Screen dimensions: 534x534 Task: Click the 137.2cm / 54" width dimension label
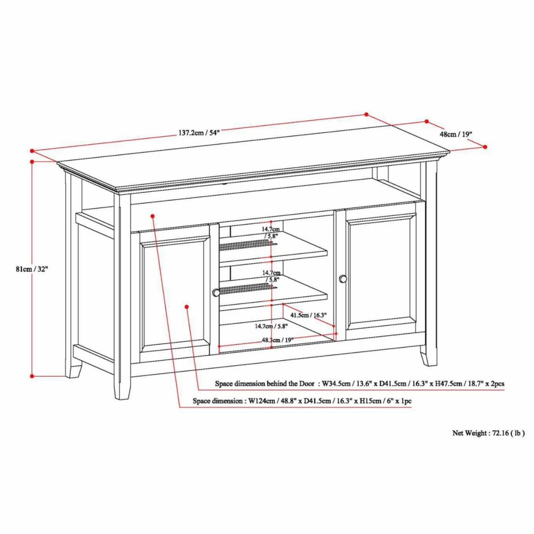[x=198, y=132]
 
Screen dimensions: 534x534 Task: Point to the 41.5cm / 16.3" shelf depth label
[x=309, y=315]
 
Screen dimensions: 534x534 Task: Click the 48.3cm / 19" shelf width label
[x=278, y=340]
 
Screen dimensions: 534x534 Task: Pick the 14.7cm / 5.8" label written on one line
[x=271, y=326]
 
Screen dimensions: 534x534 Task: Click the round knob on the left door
[x=216, y=293]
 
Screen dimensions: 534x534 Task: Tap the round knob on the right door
[x=343, y=279]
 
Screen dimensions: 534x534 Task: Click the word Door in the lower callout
[x=307, y=384]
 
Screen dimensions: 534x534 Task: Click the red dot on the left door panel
[x=187, y=307]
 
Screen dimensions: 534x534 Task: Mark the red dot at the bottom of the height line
[x=32, y=376]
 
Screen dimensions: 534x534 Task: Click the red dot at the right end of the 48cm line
[x=485, y=147]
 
